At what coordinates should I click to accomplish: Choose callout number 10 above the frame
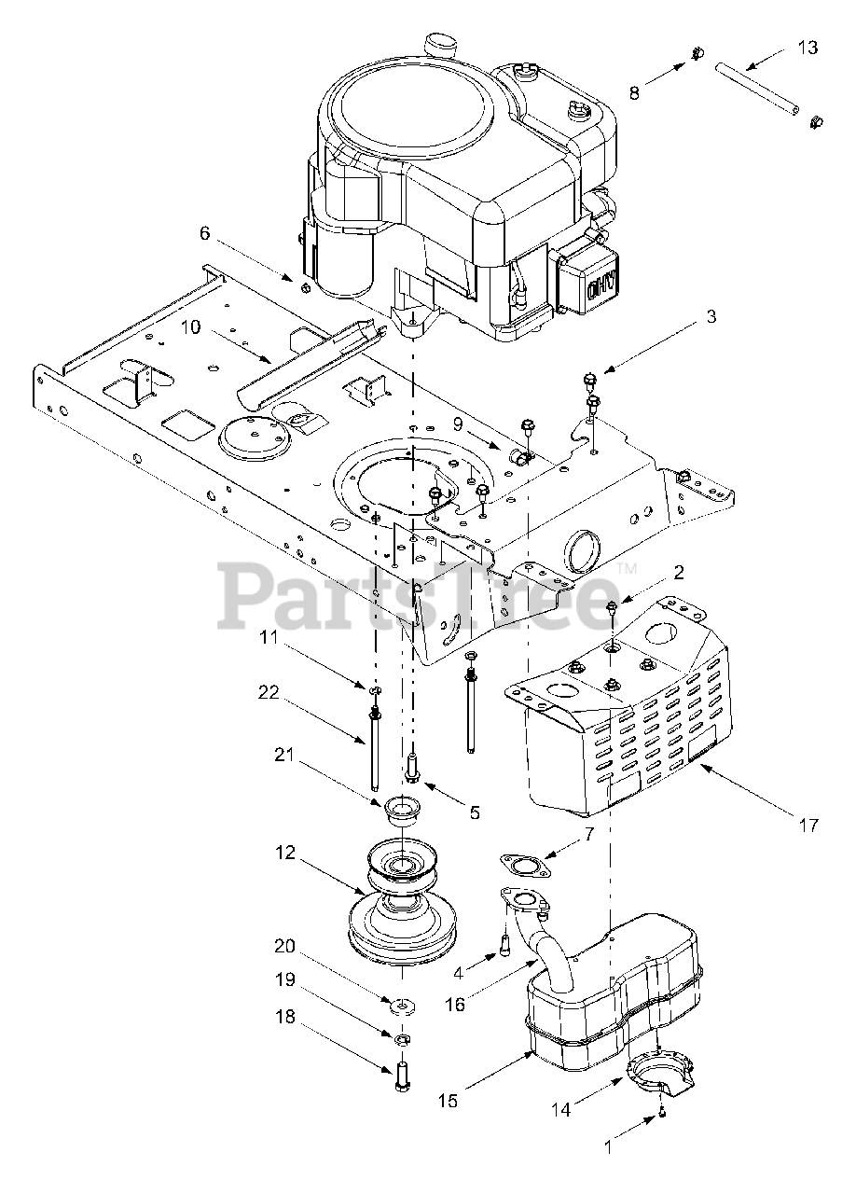tap(190, 327)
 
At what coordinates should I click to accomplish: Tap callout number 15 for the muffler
tap(449, 1101)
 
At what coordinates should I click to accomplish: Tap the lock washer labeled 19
tap(403, 1039)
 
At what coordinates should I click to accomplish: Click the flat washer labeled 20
tap(403, 1006)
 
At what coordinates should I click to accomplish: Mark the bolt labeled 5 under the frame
tap(413, 771)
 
